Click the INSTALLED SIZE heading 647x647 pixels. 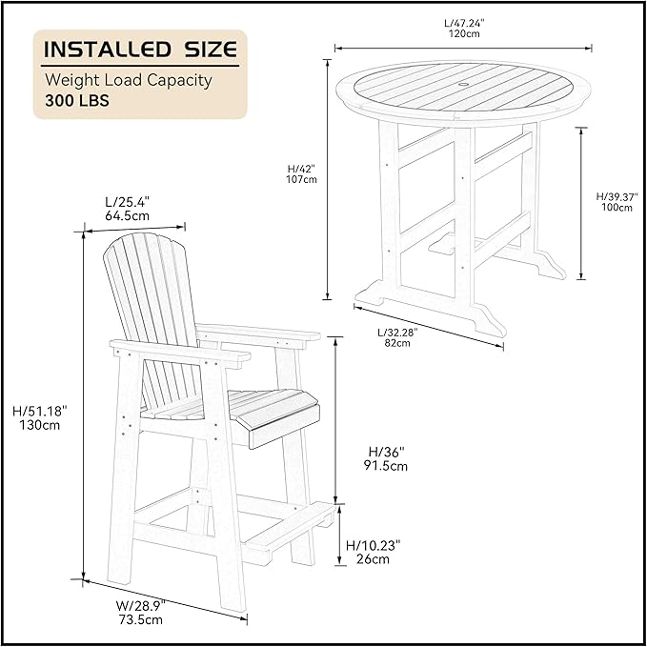click(x=141, y=50)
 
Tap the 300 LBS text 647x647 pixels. click(x=77, y=101)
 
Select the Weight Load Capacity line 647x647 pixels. click(x=129, y=80)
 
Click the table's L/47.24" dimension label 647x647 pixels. click(x=464, y=23)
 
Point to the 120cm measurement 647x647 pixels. click(x=464, y=34)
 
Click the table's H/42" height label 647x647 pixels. click(x=301, y=169)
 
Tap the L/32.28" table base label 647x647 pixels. click(x=397, y=333)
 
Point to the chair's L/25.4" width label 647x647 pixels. click(x=127, y=202)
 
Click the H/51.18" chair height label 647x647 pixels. click(x=40, y=411)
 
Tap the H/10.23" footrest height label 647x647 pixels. click(x=374, y=545)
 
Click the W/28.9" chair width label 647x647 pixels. click(x=140, y=606)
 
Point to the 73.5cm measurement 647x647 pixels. click(x=141, y=619)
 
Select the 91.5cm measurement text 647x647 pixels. click(x=385, y=466)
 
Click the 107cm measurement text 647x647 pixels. click(x=302, y=179)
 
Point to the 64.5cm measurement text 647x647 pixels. click(x=127, y=215)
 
